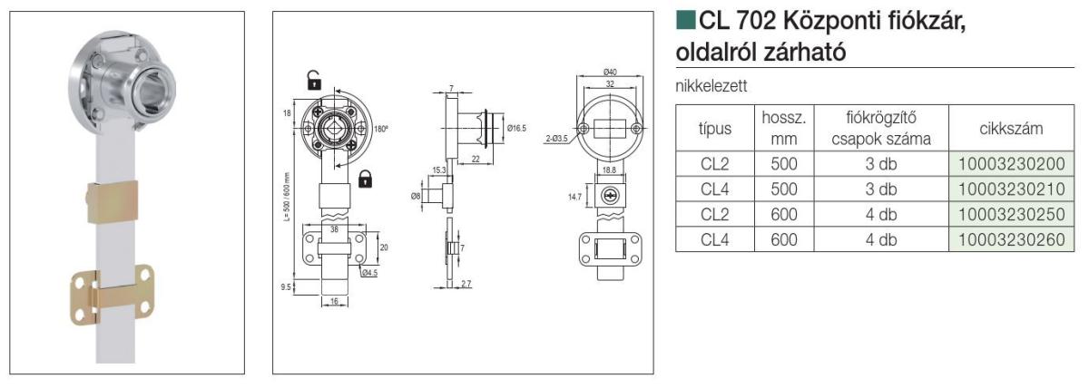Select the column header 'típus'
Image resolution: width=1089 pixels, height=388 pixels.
(x=715, y=129)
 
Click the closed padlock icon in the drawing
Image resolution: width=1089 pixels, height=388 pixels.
(x=366, y=178)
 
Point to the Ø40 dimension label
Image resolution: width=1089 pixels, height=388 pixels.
(x=611, y=72)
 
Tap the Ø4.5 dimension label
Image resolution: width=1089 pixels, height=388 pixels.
(x=369, y=271)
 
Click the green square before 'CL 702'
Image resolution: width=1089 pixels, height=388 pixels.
(x=685, y=19)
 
